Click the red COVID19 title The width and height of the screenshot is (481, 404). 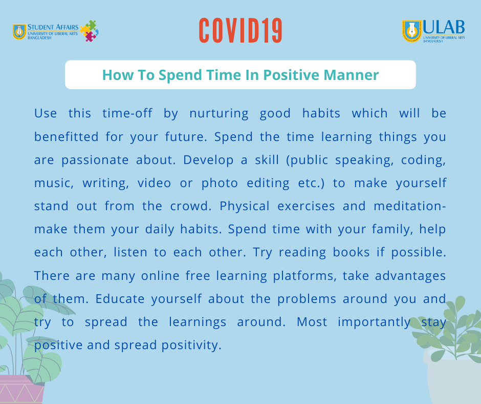tap(240, 30)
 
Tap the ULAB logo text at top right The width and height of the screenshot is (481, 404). tap(444, 27)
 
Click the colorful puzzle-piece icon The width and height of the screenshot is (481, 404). tap(89, 31)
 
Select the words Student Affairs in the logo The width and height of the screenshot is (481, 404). tap(53, 27)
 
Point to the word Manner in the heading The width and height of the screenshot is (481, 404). tap(351, 75)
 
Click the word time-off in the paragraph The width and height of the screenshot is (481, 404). tap(127, 113)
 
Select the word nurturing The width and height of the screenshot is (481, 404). tap(218, 114)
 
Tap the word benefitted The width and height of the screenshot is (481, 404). tap(66, 136)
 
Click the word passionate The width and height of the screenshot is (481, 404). tap(95, 160)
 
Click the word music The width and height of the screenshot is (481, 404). tap(54, 184)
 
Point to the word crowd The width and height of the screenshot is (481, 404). tap(191, 206)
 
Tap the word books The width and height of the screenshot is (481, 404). tap(351, 252)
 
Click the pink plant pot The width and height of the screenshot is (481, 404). tap(21, 389)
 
